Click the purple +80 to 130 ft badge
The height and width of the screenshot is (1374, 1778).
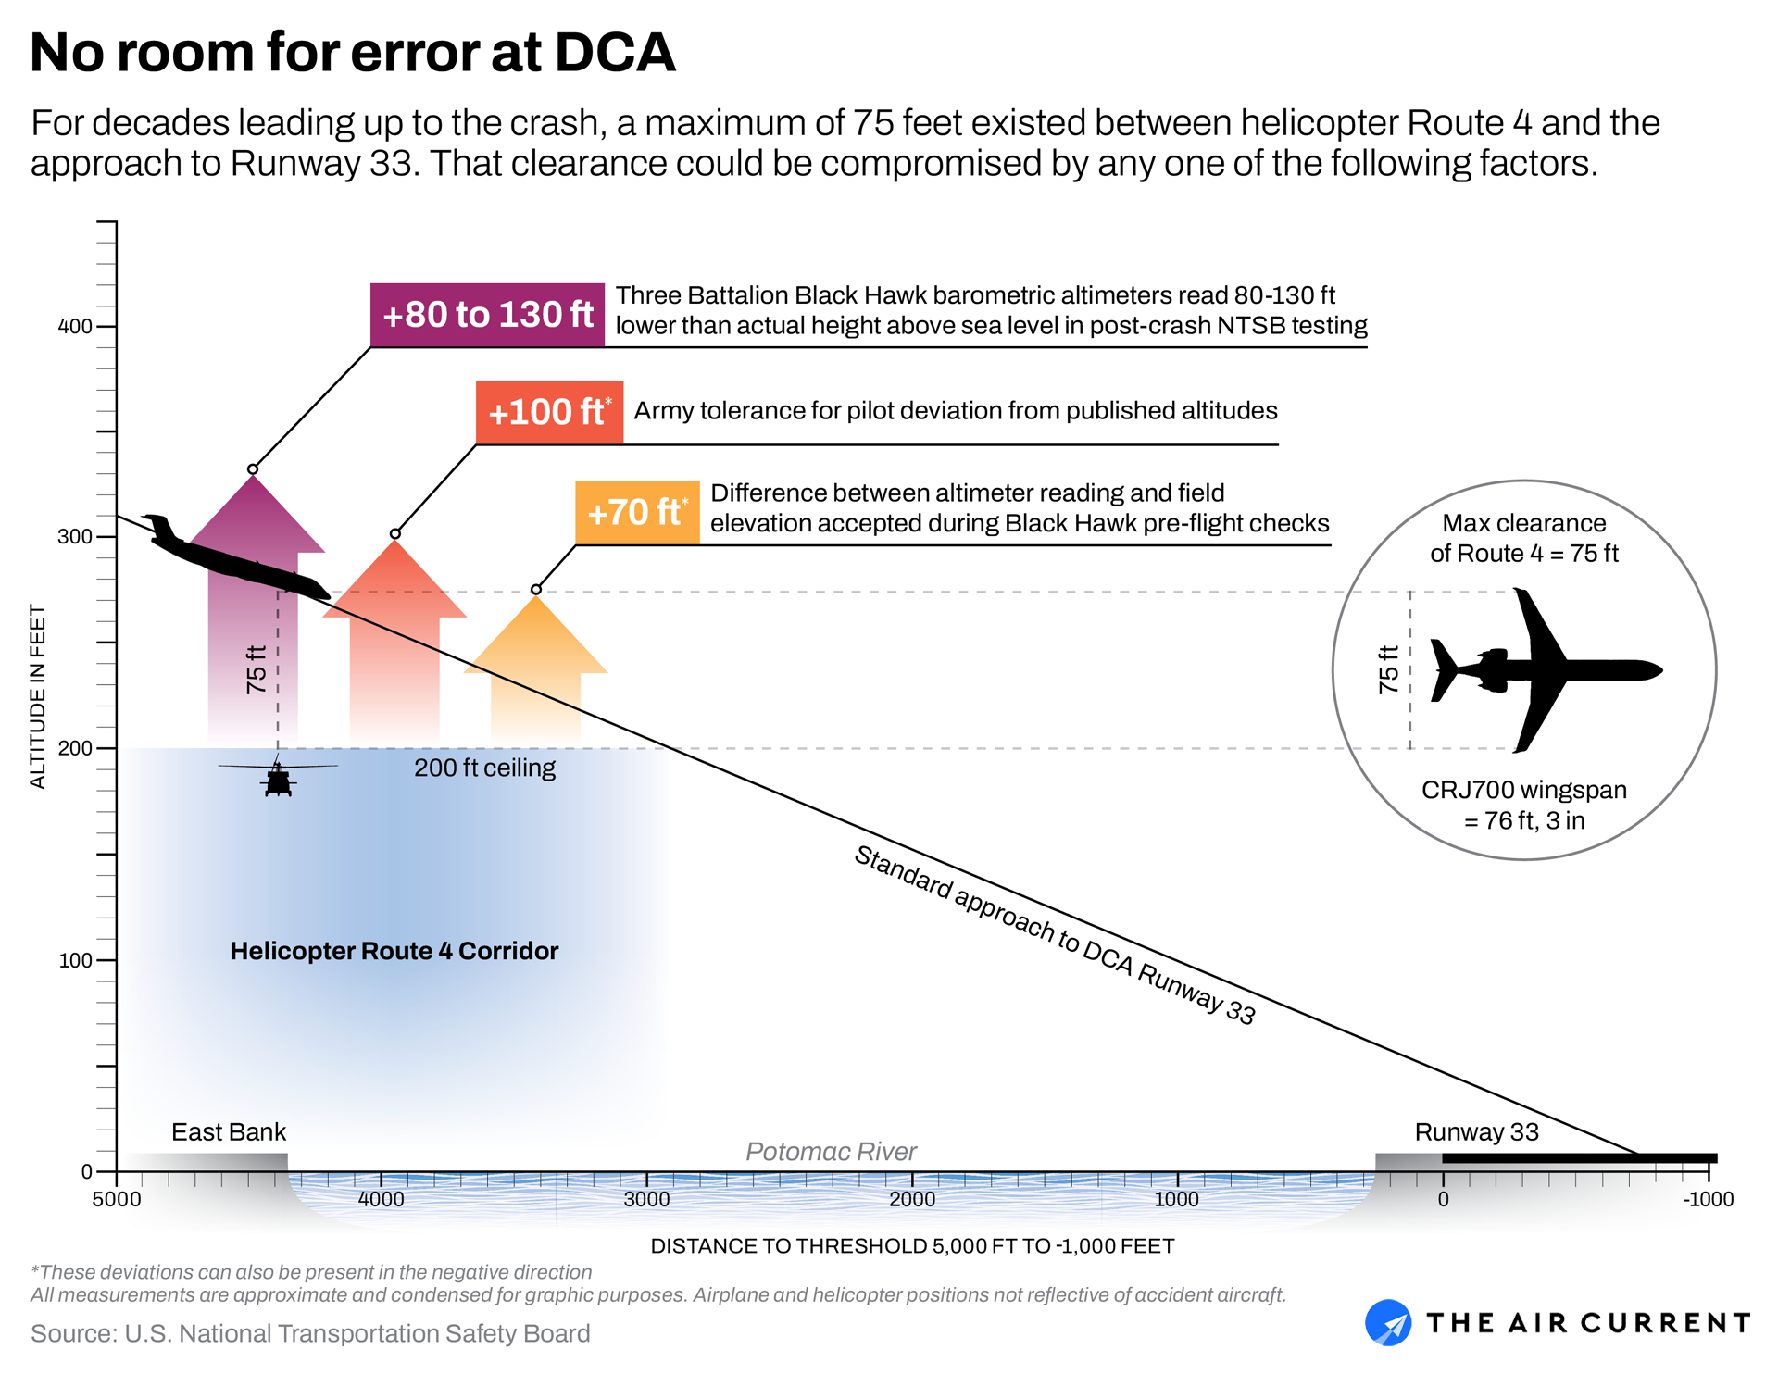click(x=487, y=315)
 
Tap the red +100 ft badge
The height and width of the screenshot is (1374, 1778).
click(x=549, y=412)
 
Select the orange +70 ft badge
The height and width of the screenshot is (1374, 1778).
click(x=637, y=512)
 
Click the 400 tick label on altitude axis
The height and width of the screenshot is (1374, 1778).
click(x=75, y=326)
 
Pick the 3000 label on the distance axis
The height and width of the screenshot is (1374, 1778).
click(x=646, y=1200)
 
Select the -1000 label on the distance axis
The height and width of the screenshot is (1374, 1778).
click(x=1708, y=1200)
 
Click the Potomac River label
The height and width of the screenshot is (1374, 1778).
click(x=831, y=1152)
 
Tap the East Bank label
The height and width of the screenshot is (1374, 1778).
click(x=229, y=1132)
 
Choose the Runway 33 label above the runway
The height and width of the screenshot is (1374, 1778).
click(x=1476, y=1132)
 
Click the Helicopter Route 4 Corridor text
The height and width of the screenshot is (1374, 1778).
click(x=394, y=951)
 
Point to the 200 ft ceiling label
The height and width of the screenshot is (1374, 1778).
click(x=484, y=768)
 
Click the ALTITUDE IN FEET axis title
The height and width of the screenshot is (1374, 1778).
click(x=38, y=696)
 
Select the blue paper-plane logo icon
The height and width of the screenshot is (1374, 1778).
click(x=1387, y=1322)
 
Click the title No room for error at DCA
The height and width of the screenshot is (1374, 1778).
click(x=353, y=53)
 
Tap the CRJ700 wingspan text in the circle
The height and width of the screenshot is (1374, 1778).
click(x=1523, y=805)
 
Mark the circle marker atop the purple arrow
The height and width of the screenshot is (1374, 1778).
click(x=253, y=469)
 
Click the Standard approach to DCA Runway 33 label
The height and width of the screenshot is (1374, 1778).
click(x=1054, y=935)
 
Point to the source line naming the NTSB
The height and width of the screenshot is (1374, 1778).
click(x=310, y=1333)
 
